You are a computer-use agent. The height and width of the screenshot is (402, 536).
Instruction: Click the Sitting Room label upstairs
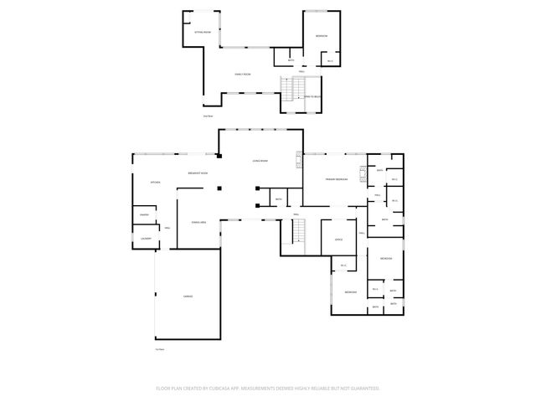click(203, 31)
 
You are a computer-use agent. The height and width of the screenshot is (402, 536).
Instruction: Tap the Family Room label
click(243, 75)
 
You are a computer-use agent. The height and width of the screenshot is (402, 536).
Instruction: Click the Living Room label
click(260, 161)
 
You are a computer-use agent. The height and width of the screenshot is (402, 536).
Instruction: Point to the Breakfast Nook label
click(198, 173)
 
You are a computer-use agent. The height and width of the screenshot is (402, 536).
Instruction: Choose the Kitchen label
click(155, 182)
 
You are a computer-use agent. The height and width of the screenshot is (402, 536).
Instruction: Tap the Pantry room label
click(144, 215)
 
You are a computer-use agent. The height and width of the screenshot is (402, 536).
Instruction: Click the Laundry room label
click(146, 239)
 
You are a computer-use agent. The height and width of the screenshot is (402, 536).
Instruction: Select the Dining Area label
click(199, 222)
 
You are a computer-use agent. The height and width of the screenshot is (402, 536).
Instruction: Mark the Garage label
click(188, 296)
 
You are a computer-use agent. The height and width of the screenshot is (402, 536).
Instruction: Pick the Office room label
click(338, 240)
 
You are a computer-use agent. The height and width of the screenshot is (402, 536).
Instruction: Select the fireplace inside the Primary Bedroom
click(363, 174)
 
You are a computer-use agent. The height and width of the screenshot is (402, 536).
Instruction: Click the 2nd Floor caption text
click(208, 115)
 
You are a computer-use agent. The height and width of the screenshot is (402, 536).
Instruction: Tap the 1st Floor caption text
click(159, 348)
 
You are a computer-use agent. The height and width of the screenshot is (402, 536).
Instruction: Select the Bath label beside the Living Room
click(279, 198)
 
